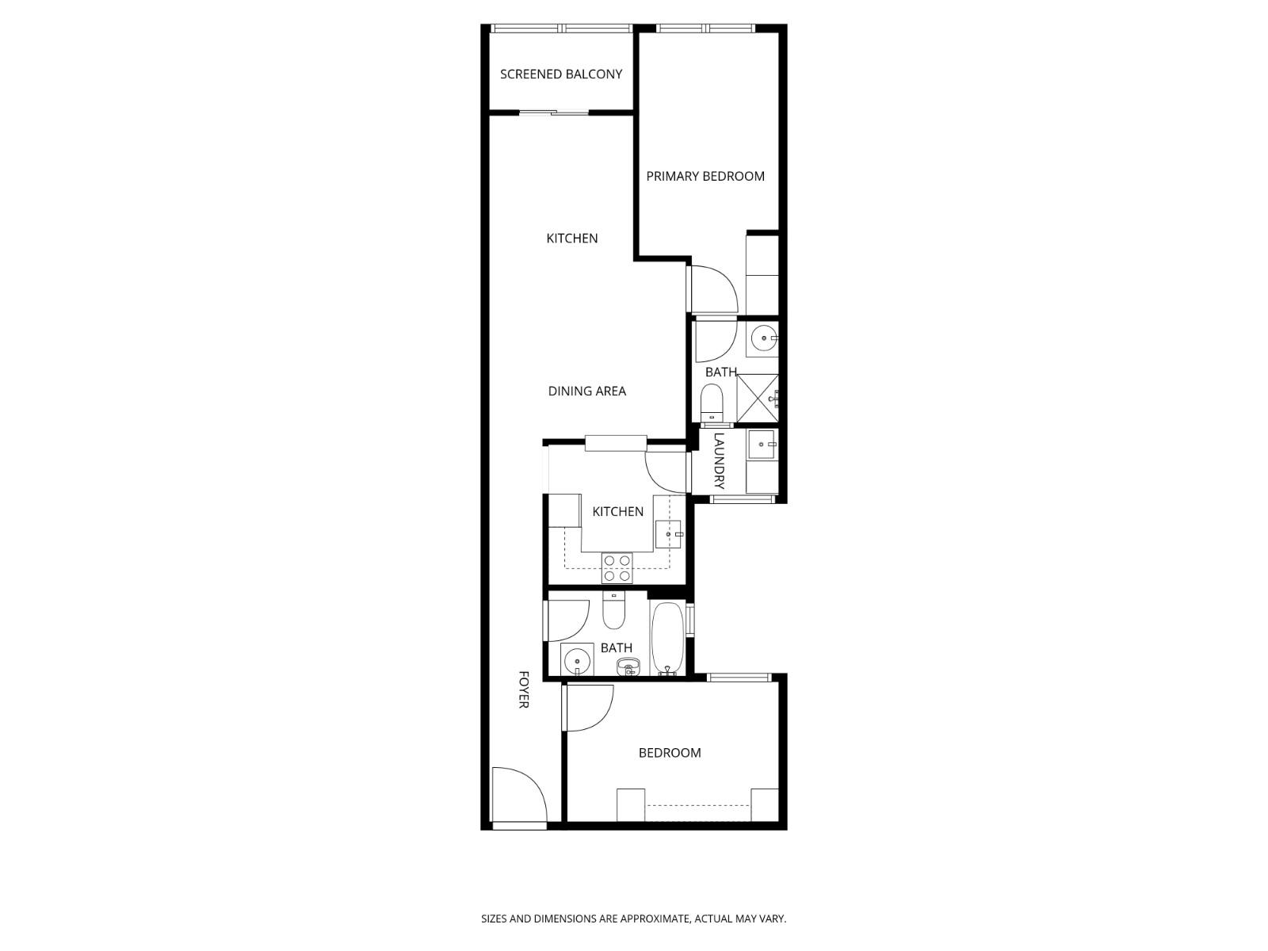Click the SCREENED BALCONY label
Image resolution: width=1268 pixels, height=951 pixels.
pyautogui.click(x=561, y=74)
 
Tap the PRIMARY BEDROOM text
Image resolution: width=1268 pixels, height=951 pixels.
pyautogui.click(x=705, y=177)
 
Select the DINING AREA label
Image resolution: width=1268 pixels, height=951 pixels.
pyautogui.click(x=587, y=391)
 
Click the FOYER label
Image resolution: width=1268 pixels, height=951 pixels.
pyautogui.click(x=524, y=689)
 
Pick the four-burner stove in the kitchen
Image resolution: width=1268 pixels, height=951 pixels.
pyautogui.click(x=617, y=567)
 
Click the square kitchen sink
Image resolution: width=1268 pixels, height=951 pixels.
pyautogui.click(x=668, y=534)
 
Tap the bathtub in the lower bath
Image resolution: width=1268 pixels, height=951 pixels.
pyautogui.click(x=667, y=639)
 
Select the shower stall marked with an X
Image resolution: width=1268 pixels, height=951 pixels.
pyautogui.click(x=758, y=398)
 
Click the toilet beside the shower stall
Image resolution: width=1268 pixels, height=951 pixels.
pyautogui.click(x=712, y=403)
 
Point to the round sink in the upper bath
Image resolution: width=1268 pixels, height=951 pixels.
pyautogui.click(x=764, y=338)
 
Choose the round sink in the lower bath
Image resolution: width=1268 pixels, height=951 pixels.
pyautogui.click(x=577, y=659)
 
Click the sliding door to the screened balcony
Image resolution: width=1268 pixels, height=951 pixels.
pyautogui.click(x=554, y=113)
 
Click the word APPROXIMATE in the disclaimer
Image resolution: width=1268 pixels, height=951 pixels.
pyautogui.click(x=654, y=919)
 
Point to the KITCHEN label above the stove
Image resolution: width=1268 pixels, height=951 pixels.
pyautogui.click(x=618, y=512)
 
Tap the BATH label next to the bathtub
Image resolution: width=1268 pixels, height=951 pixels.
pyautogui.click(x=617, y=648)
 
